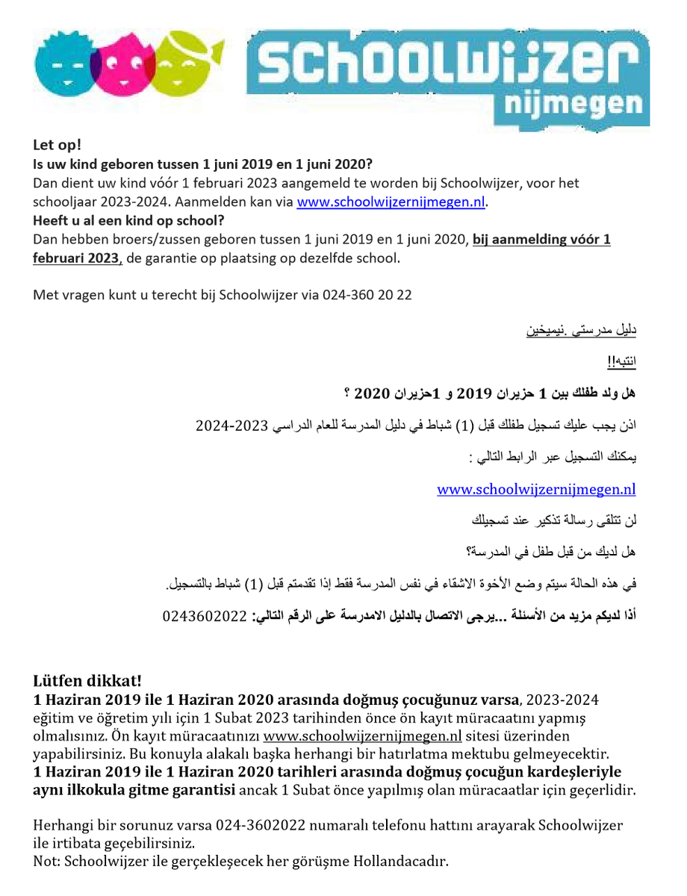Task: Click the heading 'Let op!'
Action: point(57,144)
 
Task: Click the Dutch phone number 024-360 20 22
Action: point(367,294)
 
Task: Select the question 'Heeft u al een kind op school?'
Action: point(128,220)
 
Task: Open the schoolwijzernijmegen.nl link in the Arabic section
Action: point(536,489)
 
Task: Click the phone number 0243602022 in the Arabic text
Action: point(203,617)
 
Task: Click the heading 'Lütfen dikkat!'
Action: point(87,681)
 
